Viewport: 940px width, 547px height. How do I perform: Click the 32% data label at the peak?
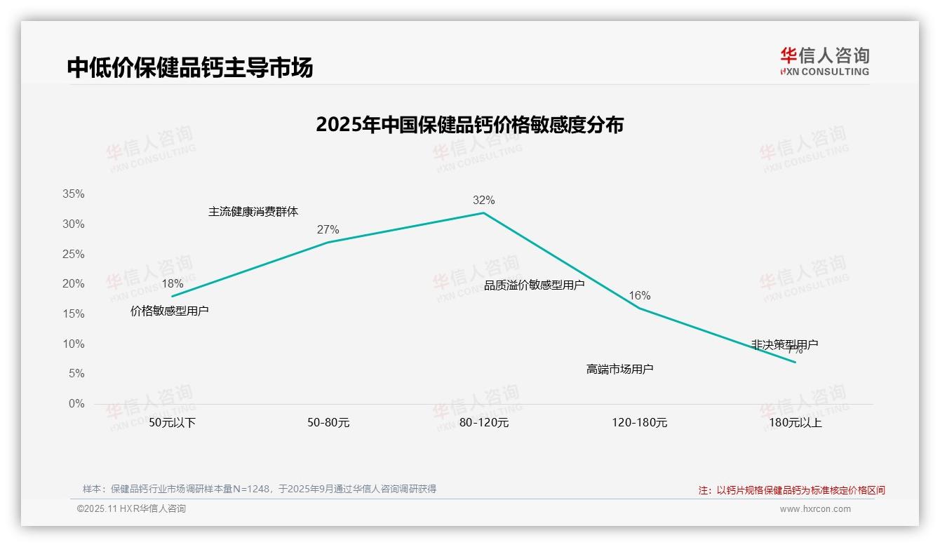[x=483, y=201]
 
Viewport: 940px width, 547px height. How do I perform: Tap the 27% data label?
[x=328, y=230]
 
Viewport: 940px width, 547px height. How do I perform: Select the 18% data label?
[x=172, y=284]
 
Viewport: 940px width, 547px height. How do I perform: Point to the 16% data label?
[x=639, y=296]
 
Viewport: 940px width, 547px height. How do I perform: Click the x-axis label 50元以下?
[x=172, y=423]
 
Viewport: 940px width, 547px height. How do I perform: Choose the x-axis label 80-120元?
[x=483, y=423]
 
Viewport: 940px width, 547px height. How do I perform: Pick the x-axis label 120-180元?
[x=639, y=423]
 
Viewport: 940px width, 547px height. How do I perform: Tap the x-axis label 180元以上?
[x=795, y=423]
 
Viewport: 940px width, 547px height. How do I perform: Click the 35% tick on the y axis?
[x=73, y=194]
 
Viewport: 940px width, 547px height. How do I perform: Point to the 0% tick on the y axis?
[x=76, y=404]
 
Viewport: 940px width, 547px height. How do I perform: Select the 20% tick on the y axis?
[x=73, y=284]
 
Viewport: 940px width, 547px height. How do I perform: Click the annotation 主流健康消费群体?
[x=253, y=212]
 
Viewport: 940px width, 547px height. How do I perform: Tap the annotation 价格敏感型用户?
[x=170, y=311]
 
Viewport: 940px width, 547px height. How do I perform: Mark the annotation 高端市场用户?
[x=619, y=369]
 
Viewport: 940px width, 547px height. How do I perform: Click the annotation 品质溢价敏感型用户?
[x=534, y=285]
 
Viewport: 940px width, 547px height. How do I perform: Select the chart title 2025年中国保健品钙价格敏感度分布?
[x=469, y=125]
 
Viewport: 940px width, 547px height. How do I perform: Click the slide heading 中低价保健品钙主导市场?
[x=190, y=67]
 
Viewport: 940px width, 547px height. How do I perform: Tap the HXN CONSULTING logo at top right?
[x=824, y=61]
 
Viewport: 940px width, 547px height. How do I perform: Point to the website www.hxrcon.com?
[x=815, y=509]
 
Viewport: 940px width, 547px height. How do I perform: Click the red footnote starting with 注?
[x=791, y=490]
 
